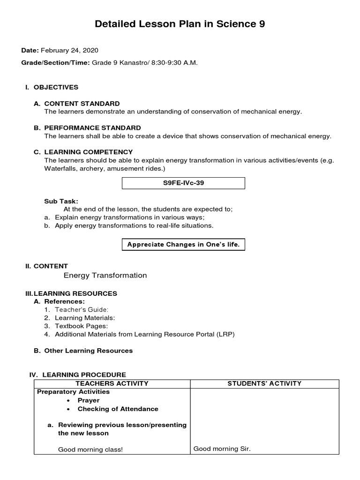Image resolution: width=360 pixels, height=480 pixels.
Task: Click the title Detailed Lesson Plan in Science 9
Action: pos(180,24)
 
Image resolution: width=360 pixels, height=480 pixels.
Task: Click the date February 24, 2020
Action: pos(69,51)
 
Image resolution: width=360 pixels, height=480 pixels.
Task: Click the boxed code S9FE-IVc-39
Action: pos(183,183)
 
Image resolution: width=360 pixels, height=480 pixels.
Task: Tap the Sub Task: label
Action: pos(61,201)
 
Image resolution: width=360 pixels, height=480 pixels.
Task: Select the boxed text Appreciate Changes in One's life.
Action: pos(183,245)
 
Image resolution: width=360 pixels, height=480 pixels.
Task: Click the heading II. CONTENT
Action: pos(46,266)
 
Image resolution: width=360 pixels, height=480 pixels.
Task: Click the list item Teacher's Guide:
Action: pos(82,310)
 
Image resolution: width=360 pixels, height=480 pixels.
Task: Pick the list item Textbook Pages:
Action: pos(81,326)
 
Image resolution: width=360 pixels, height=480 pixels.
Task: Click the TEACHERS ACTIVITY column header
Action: pos(112,383)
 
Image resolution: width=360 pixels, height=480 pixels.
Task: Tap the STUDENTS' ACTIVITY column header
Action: pos(264,383)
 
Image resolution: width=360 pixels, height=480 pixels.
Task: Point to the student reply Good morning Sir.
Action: pos(222,449)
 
